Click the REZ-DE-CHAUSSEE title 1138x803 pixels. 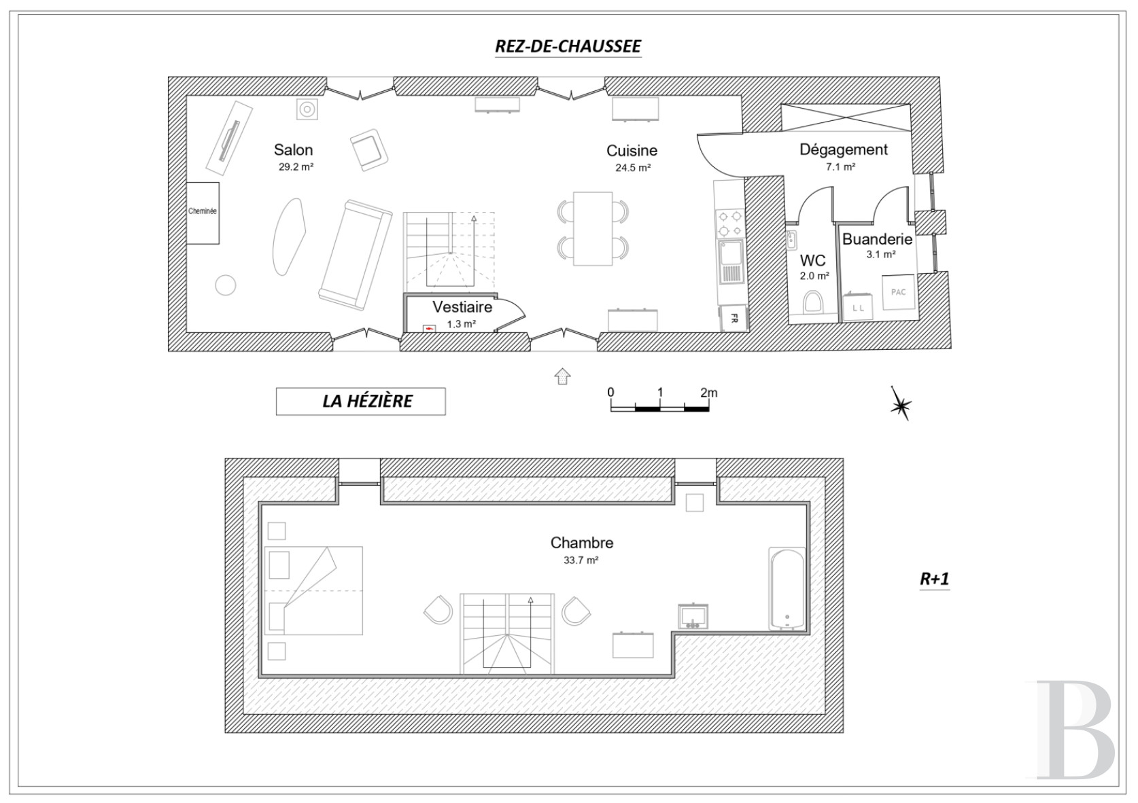coord(568,46)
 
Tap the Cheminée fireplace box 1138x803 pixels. coord(203,213)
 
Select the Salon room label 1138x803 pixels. coord(293,149)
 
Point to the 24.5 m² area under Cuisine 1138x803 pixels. coord(633,168)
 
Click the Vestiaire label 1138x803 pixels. coord(462,307)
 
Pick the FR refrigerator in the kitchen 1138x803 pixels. coord(734,318)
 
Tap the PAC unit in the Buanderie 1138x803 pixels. coord(898,292)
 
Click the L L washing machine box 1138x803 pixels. coord(858,308)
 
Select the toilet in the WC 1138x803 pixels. coord(813,302)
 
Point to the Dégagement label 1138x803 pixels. coord(844,149)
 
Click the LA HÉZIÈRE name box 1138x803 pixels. coord(361,401)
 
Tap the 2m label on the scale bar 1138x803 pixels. coord(709,393)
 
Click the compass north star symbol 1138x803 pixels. coord(901,404)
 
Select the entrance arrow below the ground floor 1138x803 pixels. coord(562,376)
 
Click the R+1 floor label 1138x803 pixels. coord(934,579)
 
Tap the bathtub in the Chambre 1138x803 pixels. coord(787,589)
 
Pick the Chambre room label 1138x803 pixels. coord(582,543)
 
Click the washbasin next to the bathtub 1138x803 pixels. coord(693,617)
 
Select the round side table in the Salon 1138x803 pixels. coord(226,285)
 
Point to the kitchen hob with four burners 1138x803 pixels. coord(730,224)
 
